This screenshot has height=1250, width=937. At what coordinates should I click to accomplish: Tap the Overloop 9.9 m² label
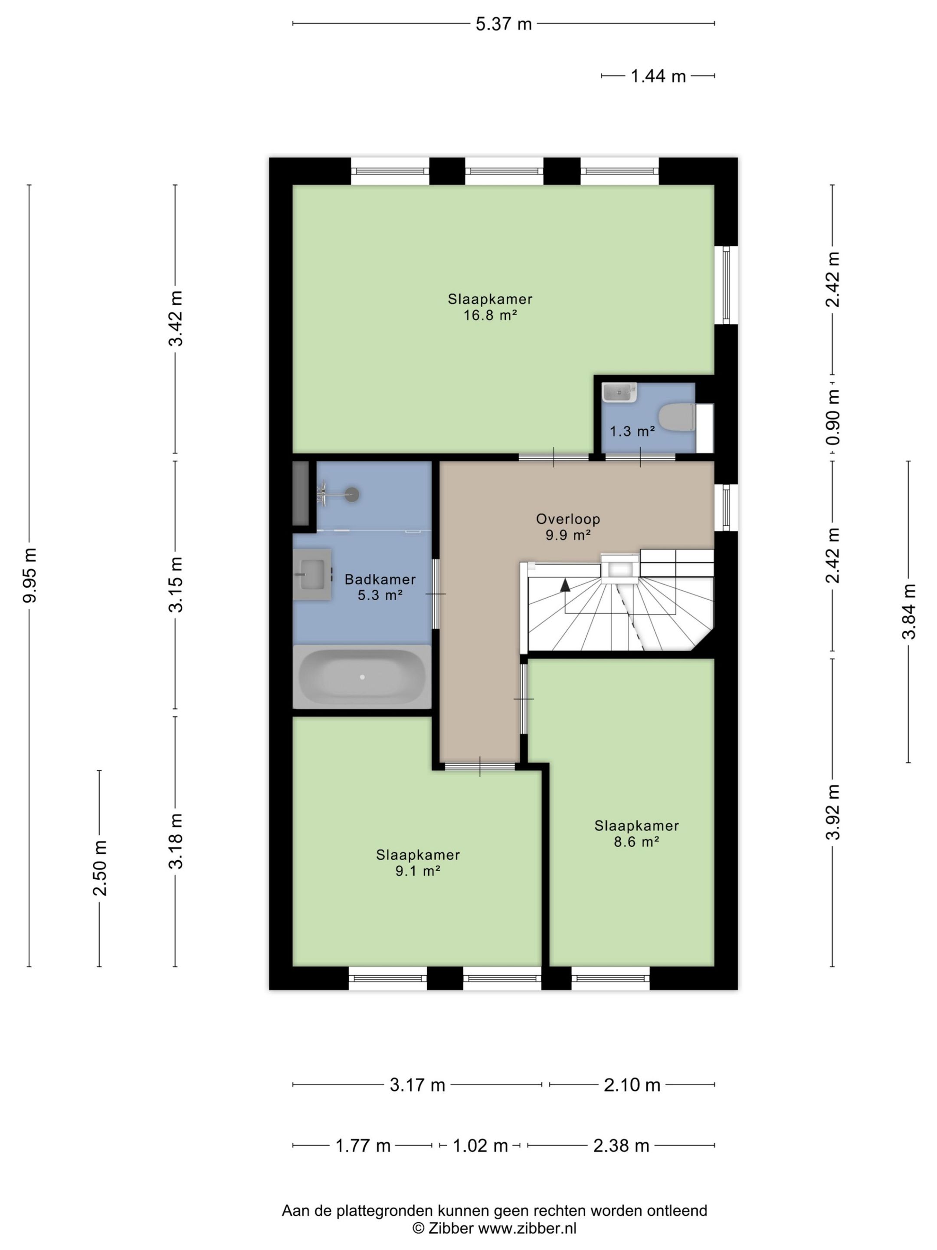click(x=567, y=526)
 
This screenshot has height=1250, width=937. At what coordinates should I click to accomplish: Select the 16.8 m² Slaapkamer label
click(x=490, y=307)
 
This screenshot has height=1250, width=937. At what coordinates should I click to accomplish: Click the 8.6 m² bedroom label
click(x=636, y=833)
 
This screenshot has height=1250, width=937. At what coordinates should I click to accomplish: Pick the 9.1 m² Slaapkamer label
click(x=418, y=862)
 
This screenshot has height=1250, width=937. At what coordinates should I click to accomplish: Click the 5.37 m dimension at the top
click(x=503, y=24)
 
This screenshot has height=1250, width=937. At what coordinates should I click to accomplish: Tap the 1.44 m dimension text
click(x=658, y=76)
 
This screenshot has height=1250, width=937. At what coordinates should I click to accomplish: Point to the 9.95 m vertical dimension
click(x=30, y=575)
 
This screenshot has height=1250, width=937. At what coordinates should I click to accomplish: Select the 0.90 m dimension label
click(x=832, y=417)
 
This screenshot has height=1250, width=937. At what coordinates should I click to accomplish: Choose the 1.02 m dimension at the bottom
click(x=480, y=1145)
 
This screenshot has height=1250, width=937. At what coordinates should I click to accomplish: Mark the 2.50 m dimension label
click(x=100, y=868)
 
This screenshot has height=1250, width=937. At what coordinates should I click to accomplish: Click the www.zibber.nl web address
click(x=527, y=1228)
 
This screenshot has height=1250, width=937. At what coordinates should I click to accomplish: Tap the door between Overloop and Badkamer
click(x=435, y=594)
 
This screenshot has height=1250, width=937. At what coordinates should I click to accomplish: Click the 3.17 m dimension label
click(x=417, y=1085)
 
